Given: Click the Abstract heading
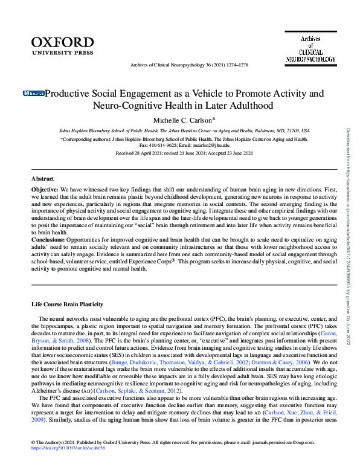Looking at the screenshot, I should (x=43, y=179).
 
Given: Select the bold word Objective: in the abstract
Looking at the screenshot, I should (x=45, y=190).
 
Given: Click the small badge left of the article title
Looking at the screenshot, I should (x=34, y=94).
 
